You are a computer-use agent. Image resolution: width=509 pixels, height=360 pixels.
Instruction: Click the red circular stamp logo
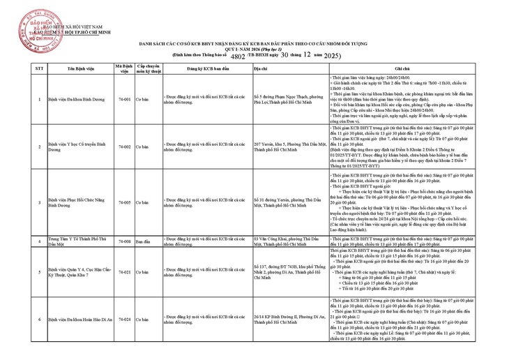click(x=39, y=26)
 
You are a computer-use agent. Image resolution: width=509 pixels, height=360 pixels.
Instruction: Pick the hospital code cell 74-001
click(x=123, y=99)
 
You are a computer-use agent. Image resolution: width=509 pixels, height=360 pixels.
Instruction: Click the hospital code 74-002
click(x=123, y=147)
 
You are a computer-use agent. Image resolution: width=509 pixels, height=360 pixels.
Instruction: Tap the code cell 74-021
click(x=123, y=271)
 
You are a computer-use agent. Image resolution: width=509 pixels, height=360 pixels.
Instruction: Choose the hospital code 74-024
click(x=123, y=319)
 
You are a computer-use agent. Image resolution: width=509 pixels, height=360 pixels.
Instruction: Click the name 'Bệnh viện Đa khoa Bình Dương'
click(x=71, y=99)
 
